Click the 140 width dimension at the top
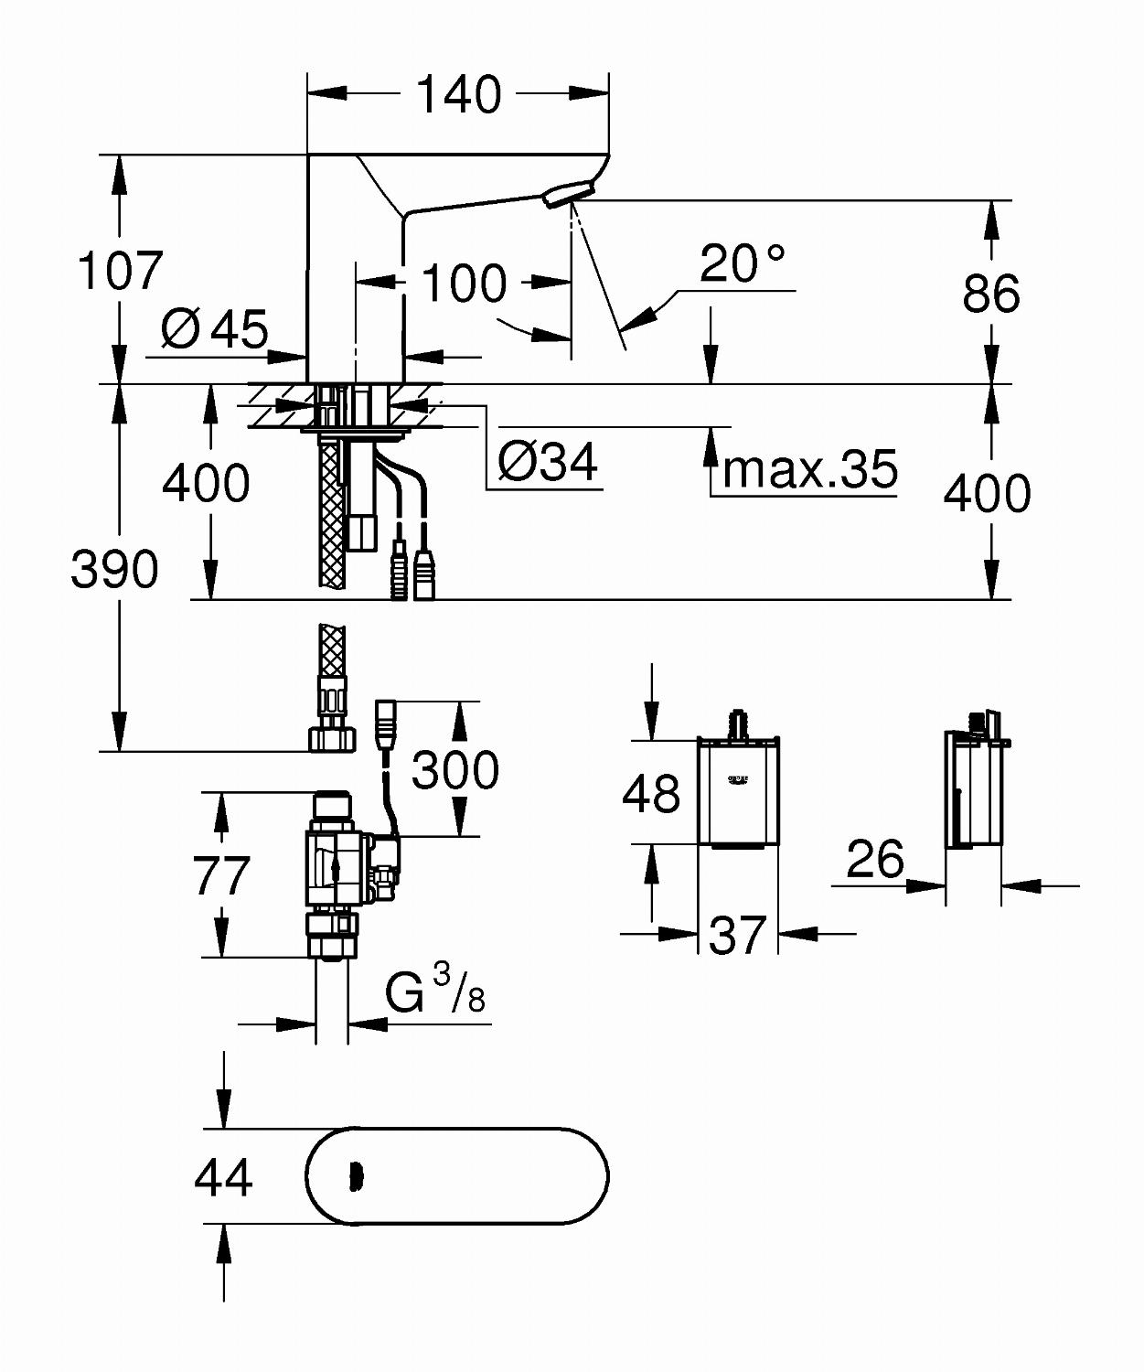[458, 94]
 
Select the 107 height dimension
[120, 270]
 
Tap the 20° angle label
[742, 263]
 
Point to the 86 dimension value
[991, 293]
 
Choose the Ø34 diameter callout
[548, 461]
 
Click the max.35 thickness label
[809, 469]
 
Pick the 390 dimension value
[114, 568]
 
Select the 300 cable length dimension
[454, 770]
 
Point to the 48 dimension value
[650, 793]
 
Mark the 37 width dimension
[737, 935]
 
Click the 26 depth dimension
[875, 858]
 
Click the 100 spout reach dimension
[464, 284]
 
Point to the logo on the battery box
[737, 779]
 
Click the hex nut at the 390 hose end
[332, 737]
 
